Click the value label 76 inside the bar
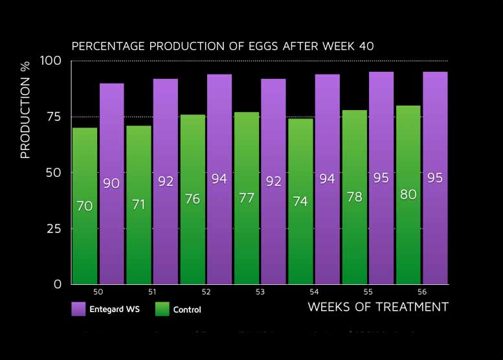192,199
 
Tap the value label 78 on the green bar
354,196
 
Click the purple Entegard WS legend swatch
78,309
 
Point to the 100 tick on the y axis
51,61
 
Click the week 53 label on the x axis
260,293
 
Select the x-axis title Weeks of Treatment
378,307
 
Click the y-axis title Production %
26,118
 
